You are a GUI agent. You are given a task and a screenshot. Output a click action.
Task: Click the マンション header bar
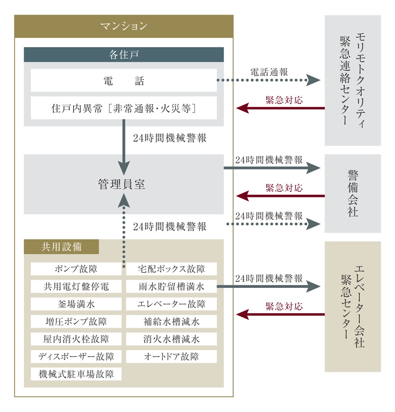(x=124, y=26)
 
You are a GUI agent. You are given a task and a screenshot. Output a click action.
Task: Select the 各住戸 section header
(x=124, y=55)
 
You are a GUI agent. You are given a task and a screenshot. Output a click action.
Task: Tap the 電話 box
(x=124, y=81)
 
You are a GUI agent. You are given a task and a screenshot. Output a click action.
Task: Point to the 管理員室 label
(x=122, y=184)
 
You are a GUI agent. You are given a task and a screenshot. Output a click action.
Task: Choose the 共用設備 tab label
(x=61, y=247)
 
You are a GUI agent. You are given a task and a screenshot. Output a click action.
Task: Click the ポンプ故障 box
(x=76, y=269)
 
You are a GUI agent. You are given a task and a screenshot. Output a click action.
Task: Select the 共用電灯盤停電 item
(x=76, y=287)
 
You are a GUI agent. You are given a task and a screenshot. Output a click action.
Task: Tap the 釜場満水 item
(x=76, y=304)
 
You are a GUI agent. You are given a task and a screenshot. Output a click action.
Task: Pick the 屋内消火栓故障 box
(x=76, y=339)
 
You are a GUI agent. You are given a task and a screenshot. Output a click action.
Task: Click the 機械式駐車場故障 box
(x=76, y=374)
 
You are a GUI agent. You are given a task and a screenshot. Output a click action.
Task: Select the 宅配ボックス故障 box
(x=171, y=269)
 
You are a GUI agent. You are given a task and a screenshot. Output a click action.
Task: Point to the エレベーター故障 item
(x=171, y=304)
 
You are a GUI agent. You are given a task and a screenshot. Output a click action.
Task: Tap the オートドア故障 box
(x=171, y=356)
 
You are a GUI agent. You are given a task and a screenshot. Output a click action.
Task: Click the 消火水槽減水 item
(x=171, y=339)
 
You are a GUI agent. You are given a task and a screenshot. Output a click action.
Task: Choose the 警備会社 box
(x=353, y=193)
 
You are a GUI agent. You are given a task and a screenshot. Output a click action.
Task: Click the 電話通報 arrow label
(x=269, y=72)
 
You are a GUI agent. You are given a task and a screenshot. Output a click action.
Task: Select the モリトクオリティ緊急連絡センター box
(x=353, y=81)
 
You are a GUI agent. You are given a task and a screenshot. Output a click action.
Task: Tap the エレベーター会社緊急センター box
(x=353, y=306)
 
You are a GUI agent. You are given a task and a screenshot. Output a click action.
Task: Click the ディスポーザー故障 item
(x=76, y=356)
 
